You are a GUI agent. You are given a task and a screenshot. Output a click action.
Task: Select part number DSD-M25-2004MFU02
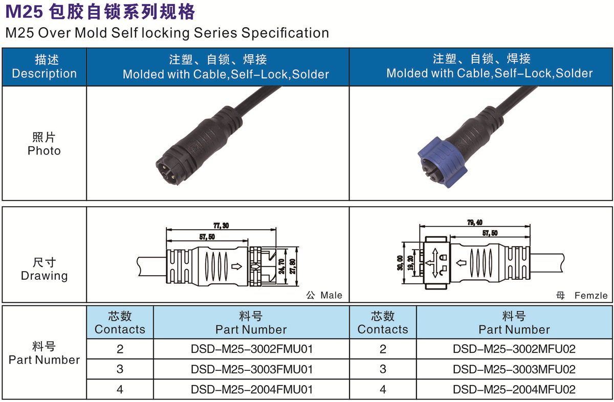click(514, 389)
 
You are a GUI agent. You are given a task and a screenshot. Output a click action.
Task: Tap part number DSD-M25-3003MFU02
click(514, 369)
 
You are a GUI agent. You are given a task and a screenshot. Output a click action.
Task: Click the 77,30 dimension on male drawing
click(221, 226)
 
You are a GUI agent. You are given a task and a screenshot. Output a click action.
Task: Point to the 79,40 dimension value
click(475, 222)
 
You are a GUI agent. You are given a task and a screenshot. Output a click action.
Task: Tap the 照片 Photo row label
click(44, 144)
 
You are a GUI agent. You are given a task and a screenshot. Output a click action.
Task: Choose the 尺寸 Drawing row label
click(44, 270)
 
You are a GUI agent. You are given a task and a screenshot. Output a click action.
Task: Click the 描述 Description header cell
click(44, 66)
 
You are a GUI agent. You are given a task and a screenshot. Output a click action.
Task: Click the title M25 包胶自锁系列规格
click(100, 11)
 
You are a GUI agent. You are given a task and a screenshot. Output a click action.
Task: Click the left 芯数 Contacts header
click(120, 323)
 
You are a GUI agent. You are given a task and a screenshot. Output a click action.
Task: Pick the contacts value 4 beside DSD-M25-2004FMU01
click(120, 389)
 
